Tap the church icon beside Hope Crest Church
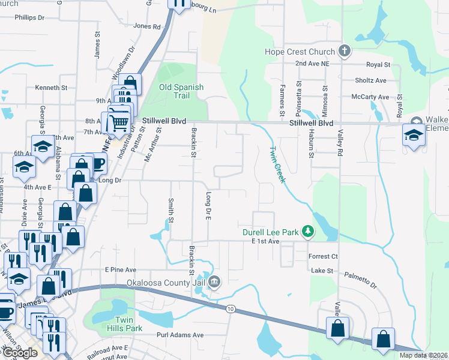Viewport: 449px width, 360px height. [345, 51]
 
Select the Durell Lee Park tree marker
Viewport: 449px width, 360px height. [307, 232]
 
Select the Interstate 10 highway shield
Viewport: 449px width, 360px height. [231, 308]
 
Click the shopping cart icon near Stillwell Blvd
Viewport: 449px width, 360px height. [119, 123]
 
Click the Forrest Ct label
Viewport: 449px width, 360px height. [324, 256]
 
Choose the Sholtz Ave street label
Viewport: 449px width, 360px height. [370, 80]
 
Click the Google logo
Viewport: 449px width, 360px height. [20, 353]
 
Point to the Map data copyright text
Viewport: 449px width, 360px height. [423, 355]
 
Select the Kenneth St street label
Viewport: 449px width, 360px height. [51, 88]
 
